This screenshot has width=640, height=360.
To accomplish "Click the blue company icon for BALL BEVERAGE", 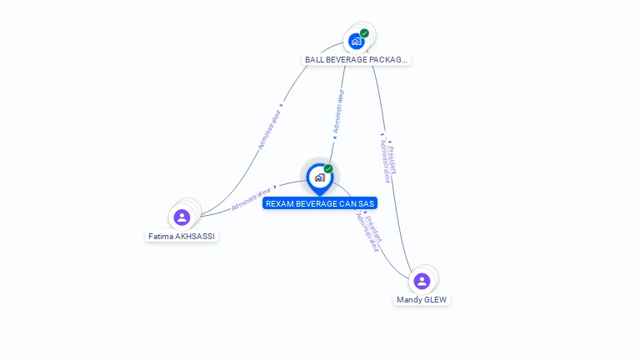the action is (x=357, y=41).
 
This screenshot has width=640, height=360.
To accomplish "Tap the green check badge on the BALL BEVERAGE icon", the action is (x=364, y=33).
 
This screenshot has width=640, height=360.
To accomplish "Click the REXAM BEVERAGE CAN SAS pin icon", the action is (x=319, y=177).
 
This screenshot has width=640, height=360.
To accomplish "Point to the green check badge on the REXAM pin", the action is (x=328, y=169).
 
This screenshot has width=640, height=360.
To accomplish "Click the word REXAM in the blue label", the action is (x=280, y=203).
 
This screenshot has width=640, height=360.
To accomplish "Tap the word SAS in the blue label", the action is (x=366, y=203).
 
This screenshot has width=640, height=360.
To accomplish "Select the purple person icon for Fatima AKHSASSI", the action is (x=182, y=217).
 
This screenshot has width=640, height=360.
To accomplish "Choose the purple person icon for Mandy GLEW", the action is (x=422, y=281).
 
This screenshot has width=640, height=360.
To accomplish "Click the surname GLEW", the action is (x=437, y=300).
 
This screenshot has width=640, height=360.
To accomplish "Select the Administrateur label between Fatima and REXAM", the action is (x=253, y=197).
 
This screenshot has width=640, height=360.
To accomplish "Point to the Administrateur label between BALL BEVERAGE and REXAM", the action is (x=337, y=111).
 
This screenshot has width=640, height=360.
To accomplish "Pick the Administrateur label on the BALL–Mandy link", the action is (x=385, y=161).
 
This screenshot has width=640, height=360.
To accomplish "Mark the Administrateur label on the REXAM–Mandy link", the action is (x=367, y=232).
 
